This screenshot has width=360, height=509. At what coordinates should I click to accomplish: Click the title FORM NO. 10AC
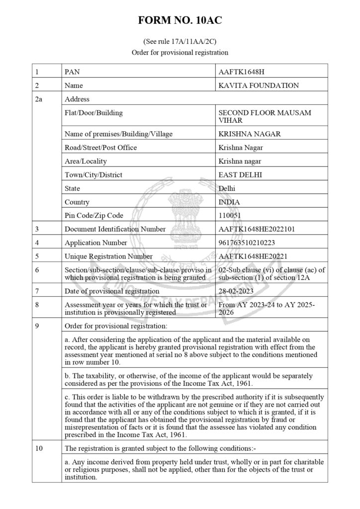pyautogui.click(x=180, y=21)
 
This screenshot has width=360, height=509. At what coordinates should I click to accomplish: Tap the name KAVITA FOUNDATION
pyautogui.click(x=259, y=85)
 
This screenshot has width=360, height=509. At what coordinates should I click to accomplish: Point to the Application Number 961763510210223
pyautogui.click(x=247, y=243)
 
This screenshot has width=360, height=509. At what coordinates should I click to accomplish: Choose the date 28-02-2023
pyautogui.click(x=238, y=291)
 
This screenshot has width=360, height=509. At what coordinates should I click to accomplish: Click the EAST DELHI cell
pyautogui.click(x=240, y=175)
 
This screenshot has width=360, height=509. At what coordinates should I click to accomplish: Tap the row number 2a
pyautogui.click(x=39, y=99)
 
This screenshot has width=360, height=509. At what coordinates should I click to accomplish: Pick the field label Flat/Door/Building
pyautogui.click(x=93, y=113)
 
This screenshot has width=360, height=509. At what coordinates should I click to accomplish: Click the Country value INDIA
pyautogui.click(x=229, y=202)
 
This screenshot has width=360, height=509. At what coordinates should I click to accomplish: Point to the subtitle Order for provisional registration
pyautogui.click(x=180, y=52)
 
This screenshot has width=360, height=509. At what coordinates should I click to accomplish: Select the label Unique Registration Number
pyautogui.click(x=109, y=256)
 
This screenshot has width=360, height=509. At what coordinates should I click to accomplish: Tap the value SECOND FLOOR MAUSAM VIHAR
pyautogui.click(x=265, y=116)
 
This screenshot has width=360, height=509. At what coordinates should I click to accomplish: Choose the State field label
pyautogui.click(x=73, y=189)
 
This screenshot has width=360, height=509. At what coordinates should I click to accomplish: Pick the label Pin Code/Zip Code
pyautogui.click(x=94, y=216)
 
